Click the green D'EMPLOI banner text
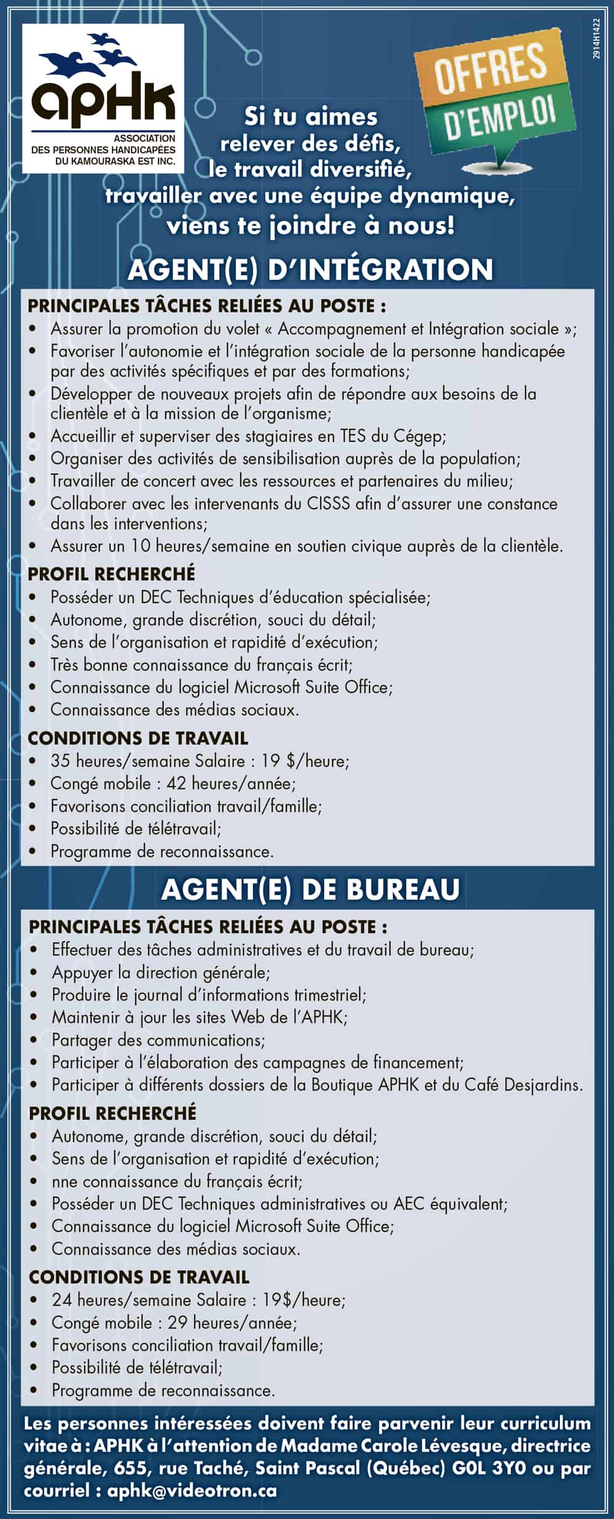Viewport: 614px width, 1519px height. (500, 119)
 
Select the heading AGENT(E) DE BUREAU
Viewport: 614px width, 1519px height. (310, 890)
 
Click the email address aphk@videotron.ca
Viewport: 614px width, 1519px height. (192, 1490)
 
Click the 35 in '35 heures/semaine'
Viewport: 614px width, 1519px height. (60, 761)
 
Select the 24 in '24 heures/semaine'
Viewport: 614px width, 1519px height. (62, 1300)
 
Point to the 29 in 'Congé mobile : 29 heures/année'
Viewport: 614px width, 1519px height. (177, 1323)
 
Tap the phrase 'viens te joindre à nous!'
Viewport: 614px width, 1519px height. (311, 226)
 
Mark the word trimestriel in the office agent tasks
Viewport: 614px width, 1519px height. (329, 995)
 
